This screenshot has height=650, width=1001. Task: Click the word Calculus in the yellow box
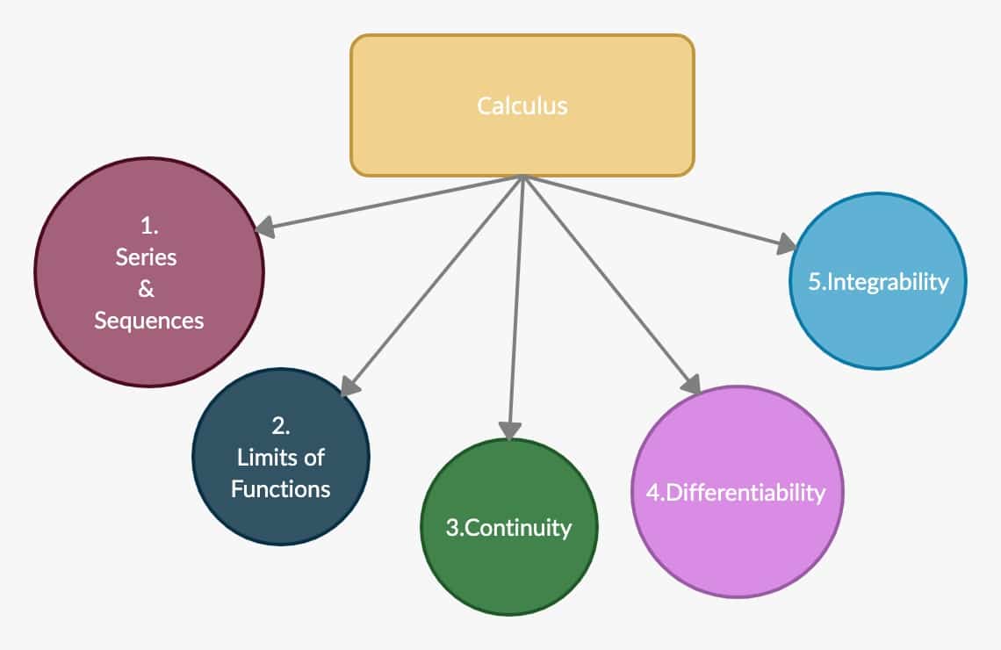[522, 106]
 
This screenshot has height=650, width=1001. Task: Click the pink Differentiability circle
[738, 545]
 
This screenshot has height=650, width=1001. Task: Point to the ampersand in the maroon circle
[147, 289]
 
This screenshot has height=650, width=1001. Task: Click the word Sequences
[149, 321]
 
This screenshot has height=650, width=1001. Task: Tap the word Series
[147, 257]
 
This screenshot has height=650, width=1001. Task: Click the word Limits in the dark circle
[261, 458]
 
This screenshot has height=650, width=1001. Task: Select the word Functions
[281, 488]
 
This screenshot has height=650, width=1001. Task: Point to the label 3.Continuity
[508, 528]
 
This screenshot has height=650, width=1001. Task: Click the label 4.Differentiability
[736, 492]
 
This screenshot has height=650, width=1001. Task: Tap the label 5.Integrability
[877, 282]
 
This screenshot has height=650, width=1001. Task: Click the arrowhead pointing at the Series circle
[264, 227]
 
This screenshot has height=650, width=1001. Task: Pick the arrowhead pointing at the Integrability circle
[785, 245]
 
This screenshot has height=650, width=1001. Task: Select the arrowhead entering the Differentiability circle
[691, 385]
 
